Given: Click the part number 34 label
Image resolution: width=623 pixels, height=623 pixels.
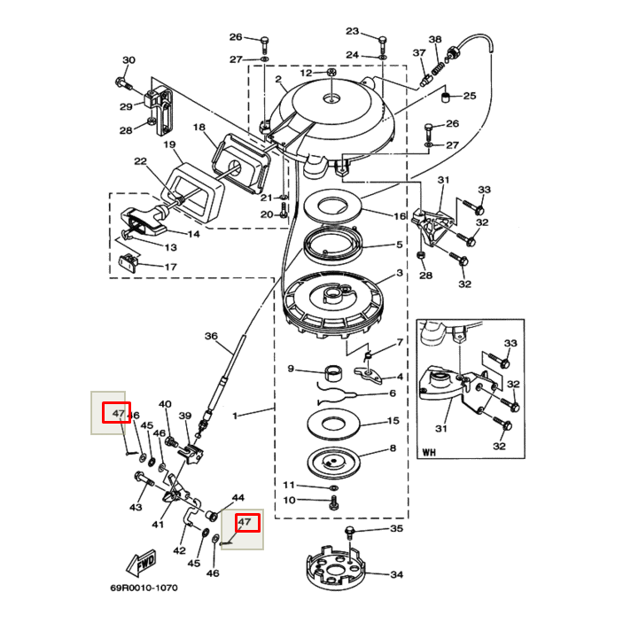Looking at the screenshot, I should pyautogui.click(x=396, y=575).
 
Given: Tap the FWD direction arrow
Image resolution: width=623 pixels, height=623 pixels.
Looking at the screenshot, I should pyautogui.click(x=142, y=561).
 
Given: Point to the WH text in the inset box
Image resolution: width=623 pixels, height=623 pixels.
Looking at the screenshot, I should pyautogui.click(x=430, y=452).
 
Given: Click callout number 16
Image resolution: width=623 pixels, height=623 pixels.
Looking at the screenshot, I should pyautogui.click(x=400, y=216).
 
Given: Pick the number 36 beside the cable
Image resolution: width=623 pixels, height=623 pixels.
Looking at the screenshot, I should pyautogui.click(x=211, y=336).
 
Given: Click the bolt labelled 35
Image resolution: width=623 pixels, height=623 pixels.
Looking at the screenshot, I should pyautogui.click(x=349, y=532).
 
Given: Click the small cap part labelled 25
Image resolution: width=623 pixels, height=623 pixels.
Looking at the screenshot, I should pyautogui.click(x=447, y=95).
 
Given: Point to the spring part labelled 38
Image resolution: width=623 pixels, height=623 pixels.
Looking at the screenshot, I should pyautogui.click(x=436, y=64).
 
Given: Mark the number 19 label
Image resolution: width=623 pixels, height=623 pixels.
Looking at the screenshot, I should pyautogui.click(x=168, y=144).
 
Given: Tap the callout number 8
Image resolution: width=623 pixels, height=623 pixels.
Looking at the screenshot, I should pyautogui.click(x=392, y=448).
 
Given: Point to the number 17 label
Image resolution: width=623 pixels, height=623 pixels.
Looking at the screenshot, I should pyautogui.click(x=170, y=267).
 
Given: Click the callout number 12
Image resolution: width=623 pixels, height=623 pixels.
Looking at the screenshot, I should pyautogui.click(x=305, y=73).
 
